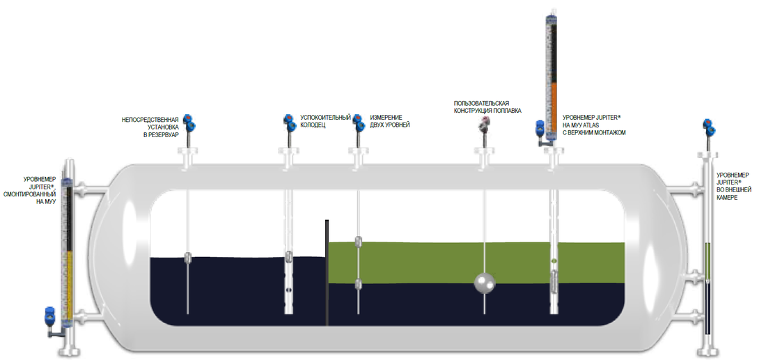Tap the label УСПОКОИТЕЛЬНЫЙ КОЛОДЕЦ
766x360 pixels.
click(325, 121)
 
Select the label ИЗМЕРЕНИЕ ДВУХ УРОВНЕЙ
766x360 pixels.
click(390, 121)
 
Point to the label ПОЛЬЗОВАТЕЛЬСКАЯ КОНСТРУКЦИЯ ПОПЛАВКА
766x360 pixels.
click(487, 107)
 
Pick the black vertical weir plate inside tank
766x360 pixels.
click(326, 272)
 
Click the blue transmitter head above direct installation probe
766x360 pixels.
click(189, 123)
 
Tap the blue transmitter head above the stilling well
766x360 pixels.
click(289, 123)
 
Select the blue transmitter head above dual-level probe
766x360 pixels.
click(359, 123)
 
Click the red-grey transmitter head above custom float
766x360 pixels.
click(483, 124)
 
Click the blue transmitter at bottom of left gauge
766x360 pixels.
click(49, 317)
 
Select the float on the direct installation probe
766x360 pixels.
click(187, 257)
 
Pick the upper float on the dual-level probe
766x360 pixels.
click(358, 241)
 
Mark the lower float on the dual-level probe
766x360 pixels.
click(358, 283)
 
